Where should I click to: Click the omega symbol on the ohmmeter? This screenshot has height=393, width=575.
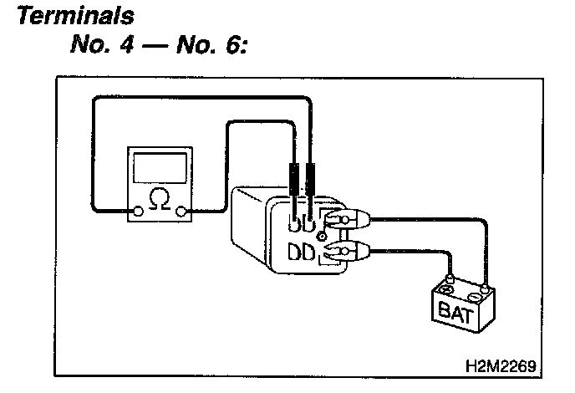point(157,198)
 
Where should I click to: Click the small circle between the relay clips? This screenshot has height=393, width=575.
point(321,237)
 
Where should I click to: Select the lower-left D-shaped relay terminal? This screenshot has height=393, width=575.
point(295,251)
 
